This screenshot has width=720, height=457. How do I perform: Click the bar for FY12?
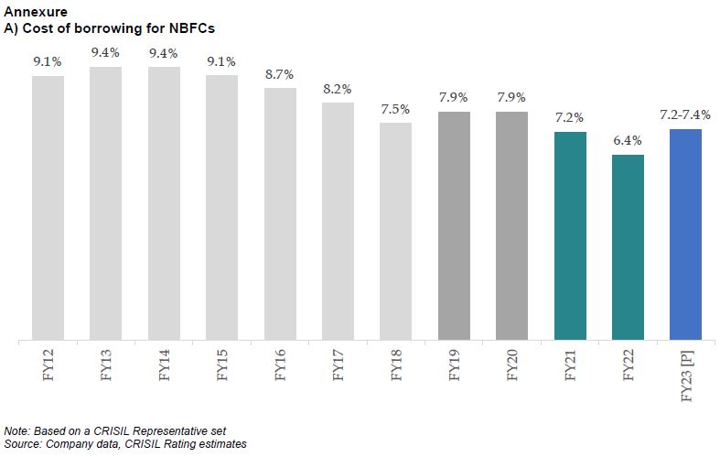(48, 208)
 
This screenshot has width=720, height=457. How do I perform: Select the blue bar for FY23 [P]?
(685, 234)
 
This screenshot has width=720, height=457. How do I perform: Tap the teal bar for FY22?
(628, 247)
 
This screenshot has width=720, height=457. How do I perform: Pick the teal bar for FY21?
(570, 236)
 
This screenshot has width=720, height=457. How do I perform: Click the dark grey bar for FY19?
(454, 226)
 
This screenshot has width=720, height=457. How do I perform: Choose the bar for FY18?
(395, 232)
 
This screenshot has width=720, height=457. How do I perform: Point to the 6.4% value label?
(628, 141)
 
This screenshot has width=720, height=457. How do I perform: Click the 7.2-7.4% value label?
(685, 114)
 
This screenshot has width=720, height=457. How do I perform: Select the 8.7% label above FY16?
(279, 73)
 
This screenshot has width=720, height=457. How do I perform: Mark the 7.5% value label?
(395, 108)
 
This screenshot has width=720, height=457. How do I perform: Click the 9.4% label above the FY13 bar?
(105, 52)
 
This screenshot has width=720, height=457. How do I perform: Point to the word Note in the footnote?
(16, 430)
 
